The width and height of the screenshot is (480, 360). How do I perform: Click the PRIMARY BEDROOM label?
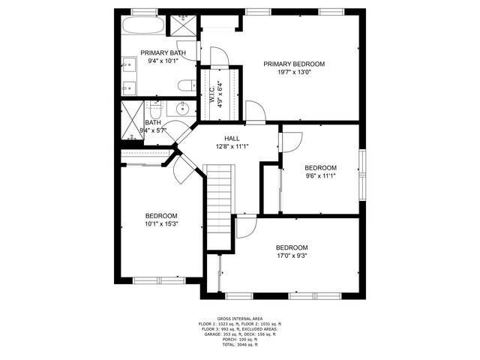293,64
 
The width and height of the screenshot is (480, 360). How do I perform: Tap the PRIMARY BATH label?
163,52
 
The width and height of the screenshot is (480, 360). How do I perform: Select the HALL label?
232,139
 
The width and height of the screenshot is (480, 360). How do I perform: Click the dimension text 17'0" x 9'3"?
291,256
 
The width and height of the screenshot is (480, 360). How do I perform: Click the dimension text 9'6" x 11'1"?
320,177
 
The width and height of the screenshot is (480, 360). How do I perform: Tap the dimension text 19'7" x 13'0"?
293,73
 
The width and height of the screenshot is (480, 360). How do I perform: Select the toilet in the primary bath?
186,86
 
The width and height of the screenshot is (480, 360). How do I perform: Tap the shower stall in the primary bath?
184,23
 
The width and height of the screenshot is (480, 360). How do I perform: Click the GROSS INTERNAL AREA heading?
239,318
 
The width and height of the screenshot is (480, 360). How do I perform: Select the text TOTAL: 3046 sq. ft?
239,345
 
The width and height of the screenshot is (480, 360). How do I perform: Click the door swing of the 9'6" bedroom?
292,141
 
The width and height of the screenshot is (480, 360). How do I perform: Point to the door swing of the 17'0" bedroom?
246,227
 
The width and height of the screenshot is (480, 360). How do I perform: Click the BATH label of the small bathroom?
153,123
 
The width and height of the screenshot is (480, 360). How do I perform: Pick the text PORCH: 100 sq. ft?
239,339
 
